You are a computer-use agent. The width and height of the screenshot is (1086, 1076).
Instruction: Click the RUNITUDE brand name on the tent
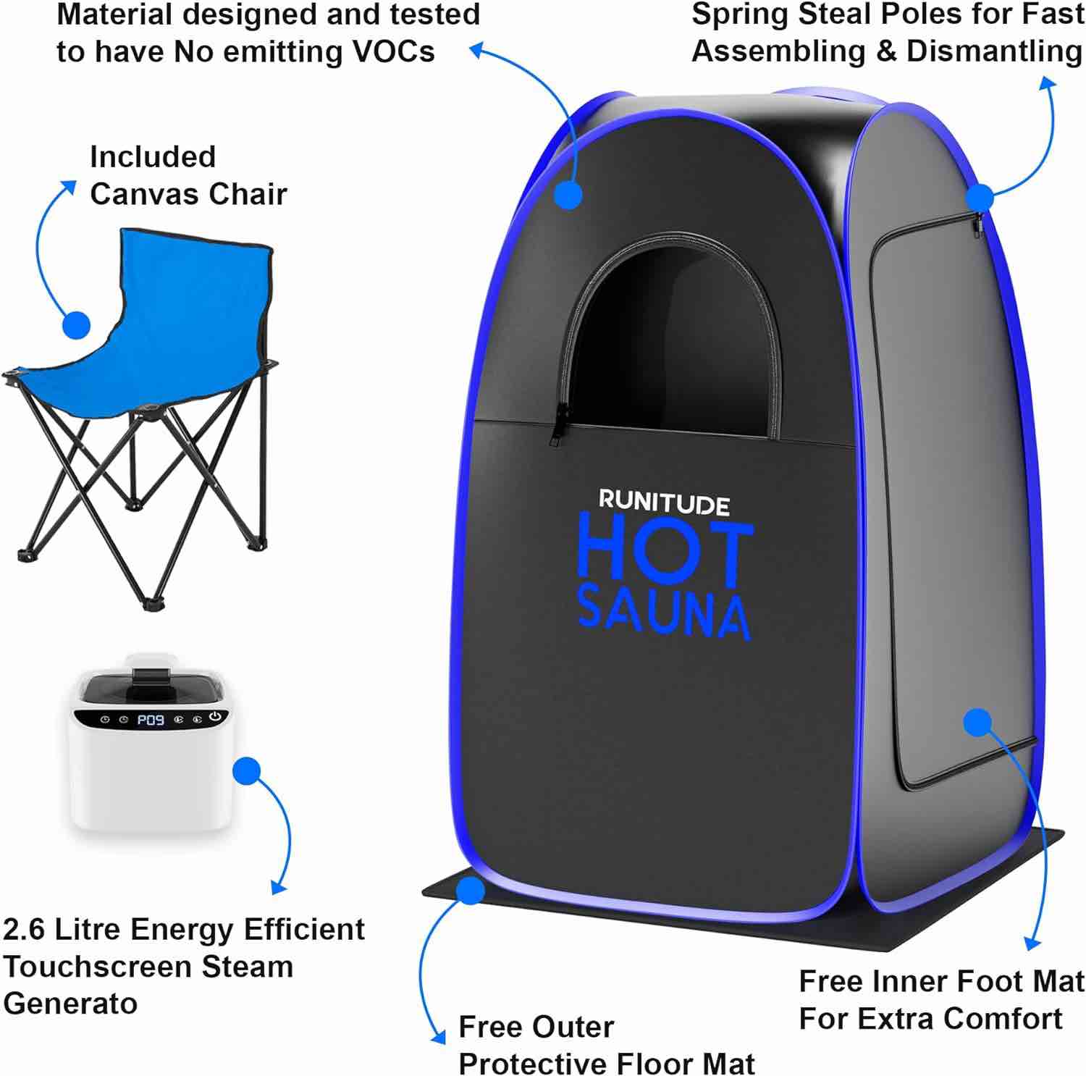(x=664, y=503)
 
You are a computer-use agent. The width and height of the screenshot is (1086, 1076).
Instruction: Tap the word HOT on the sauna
(x=664, y=555)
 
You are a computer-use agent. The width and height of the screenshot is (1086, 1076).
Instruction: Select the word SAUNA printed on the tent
(x=664, y=618)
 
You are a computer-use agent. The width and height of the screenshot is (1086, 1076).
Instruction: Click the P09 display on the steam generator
(x=151, y=720)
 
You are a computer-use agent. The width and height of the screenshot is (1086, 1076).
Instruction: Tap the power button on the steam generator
(x=214, y=717)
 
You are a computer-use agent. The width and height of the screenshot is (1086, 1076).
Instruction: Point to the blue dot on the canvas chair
(x=76, y=325)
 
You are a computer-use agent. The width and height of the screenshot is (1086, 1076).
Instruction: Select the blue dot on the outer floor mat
(x=471, y=891)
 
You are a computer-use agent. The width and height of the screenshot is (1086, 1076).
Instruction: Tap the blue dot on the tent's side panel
(x=977, y=722)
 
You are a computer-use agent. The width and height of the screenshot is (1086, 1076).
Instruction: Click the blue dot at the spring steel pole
(x=980, y=196)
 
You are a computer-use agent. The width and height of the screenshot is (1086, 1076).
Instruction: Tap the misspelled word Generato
(x=70, y=1004)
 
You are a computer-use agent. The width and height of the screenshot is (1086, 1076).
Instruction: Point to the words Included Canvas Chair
(x=188, y=176)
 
